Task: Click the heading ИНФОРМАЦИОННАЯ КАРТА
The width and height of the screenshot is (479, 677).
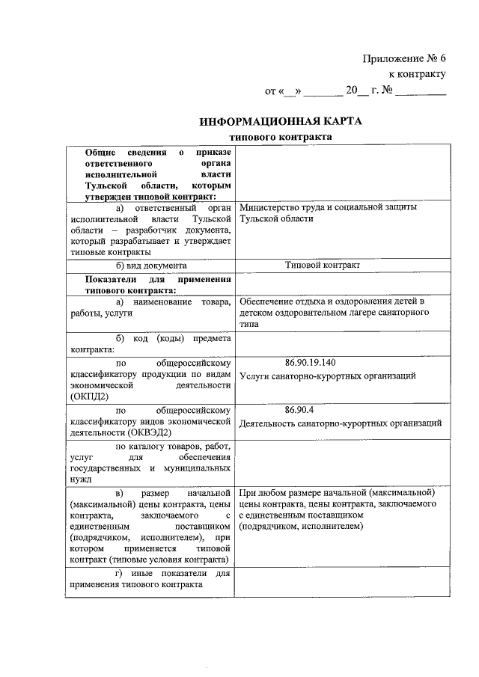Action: (x=280, y=121)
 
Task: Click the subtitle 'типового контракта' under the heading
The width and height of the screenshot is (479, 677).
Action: (x=280, y=138)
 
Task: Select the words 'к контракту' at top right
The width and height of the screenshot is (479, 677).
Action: (x=417, y=74)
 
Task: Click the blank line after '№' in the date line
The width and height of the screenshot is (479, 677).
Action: (x=420, y=92)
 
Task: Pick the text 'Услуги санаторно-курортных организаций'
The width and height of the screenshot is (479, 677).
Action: (x=327, y=376)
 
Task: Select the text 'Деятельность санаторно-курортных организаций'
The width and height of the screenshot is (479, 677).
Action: (x=340, y=423)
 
